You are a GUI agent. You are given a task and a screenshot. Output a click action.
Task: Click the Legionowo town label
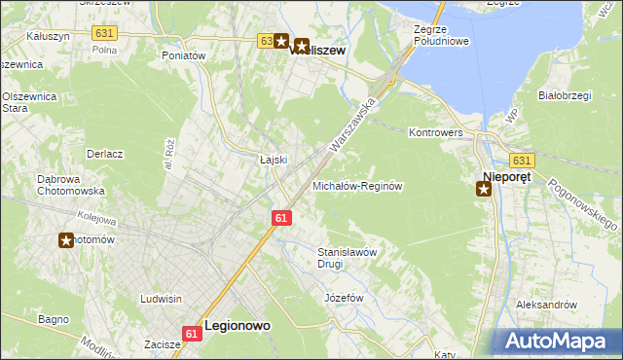tap(237, 328)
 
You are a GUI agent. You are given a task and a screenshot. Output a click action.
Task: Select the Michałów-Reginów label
tap(357, 186)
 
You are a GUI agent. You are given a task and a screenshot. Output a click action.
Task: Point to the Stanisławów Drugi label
tap(348, 257)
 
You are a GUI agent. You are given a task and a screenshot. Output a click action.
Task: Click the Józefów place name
tap(344, 297)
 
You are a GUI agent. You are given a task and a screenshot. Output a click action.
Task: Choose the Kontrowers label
tap(437, 131)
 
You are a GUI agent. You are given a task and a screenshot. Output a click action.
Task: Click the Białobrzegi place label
tap(566, 95)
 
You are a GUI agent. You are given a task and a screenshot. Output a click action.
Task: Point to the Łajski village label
tap(274, 160)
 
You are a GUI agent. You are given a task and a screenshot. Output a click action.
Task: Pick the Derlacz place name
tap(104, 154)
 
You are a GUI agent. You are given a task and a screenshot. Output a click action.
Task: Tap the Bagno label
tap(53, 319)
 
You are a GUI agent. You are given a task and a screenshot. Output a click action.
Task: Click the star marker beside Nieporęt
tap(484, 189)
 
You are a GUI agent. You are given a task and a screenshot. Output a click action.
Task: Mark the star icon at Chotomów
tap(66, 240)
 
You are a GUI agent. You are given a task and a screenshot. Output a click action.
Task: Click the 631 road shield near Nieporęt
tap(522, 161)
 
